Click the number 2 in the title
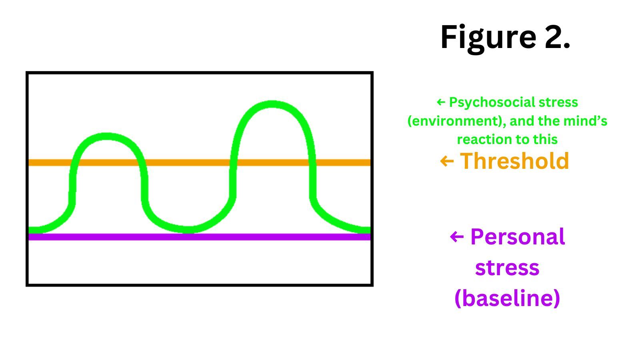pyautogui.click(x=557, y=37)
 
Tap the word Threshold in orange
pyautogui.click(x=514, y=161)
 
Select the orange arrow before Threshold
pyautogui.click(x=447, y=161)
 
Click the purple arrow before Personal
pyautogui.click(x=457, y=237)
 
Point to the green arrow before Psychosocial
pyautogui.click(x=441, y=102)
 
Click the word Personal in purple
pyautogui.click(x=518, y=237)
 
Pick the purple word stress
pyautogui.click(x=507, y=268)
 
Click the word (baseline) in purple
pyautogui.click(x=507, y=298)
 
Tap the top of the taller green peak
pyautogui.click(x=272, y=104)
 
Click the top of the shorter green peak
pyautogui.click(x=107, y=136)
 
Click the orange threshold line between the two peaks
pyautogui.click(x=188, y=162)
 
